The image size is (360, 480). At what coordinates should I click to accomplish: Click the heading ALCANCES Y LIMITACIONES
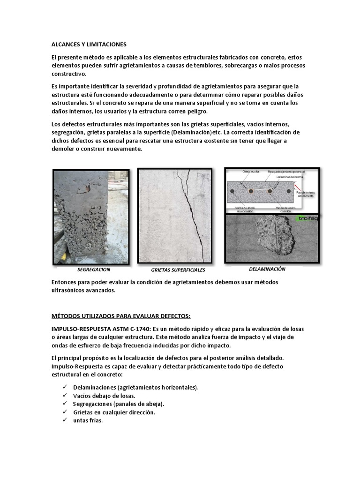89,44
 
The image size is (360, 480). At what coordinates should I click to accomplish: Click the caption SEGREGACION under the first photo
94,270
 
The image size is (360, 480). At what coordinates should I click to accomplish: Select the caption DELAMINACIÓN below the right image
267,270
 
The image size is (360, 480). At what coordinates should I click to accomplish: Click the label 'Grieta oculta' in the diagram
251,172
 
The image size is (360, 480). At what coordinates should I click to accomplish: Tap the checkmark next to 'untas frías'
64,420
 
